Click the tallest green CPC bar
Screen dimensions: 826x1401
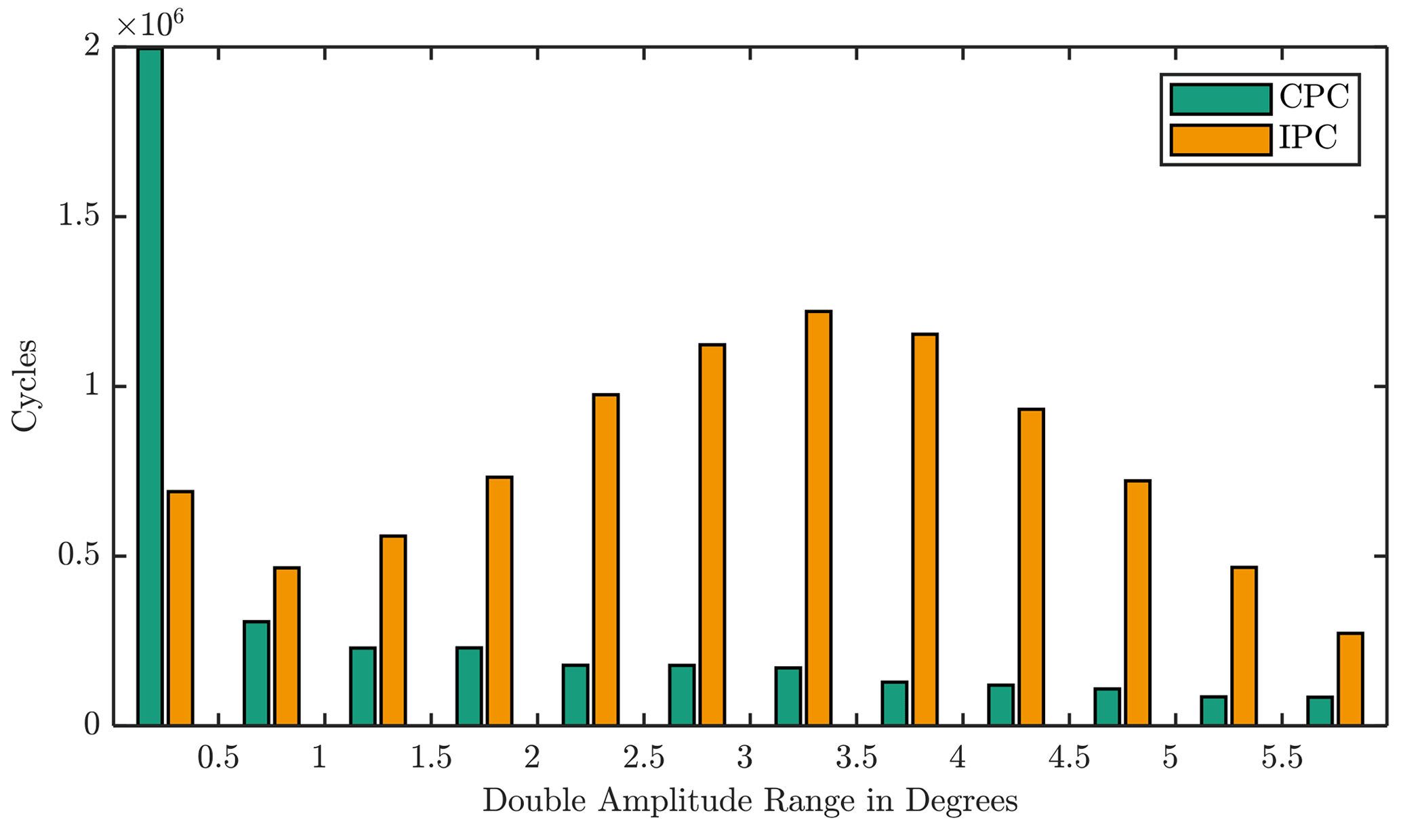(150, 386)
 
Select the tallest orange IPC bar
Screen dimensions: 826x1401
(818, 518)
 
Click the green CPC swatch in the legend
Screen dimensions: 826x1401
(1220, 99)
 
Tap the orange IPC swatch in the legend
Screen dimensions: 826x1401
(1220, 140)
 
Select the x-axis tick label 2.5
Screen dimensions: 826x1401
(644, 758)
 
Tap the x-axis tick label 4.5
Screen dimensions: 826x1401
(1070, 758)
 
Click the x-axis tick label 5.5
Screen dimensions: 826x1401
(1282, 758)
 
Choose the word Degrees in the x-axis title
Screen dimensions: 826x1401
(962, 801)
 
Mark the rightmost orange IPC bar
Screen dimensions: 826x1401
(1349, 679)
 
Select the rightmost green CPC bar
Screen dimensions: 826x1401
(1319, 711)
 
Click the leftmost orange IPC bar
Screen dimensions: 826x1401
(180, 608)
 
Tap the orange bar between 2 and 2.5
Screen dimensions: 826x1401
(605, 560)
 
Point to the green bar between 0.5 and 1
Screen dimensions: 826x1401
(256, 673)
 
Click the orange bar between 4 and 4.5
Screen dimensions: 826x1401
(1031, 567)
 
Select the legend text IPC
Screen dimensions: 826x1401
(1308, 138)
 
